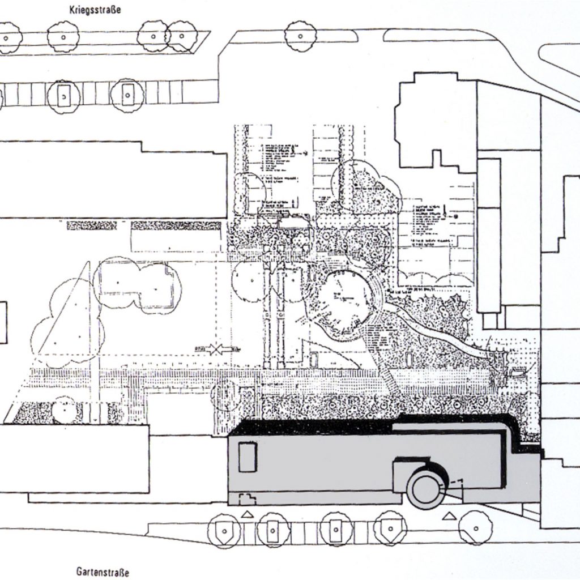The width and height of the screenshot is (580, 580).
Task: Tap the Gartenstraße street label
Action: [103, 572]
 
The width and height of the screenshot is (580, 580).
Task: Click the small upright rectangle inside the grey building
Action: [248, 458]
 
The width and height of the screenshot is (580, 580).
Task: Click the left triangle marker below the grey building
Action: [247, 514]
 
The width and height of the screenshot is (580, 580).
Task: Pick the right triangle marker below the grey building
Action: [449, 516]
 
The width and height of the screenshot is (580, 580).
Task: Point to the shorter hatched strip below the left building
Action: [92, 225]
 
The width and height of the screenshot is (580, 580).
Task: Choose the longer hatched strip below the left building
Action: [176, 225]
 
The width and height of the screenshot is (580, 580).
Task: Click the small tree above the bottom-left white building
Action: [64, 409]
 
